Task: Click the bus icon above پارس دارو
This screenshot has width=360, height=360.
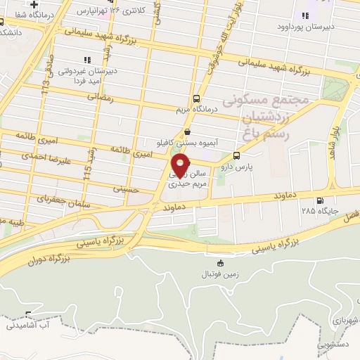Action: [236, 156]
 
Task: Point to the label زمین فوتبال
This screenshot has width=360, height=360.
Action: [221, 274]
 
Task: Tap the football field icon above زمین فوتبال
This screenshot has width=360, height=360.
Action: [221, 263]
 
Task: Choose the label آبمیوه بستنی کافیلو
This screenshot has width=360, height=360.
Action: [187, 142]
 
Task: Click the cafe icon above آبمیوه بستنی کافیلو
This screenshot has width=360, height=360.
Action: [187, 131]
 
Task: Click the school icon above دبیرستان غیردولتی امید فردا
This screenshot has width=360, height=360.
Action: [86, 60]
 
